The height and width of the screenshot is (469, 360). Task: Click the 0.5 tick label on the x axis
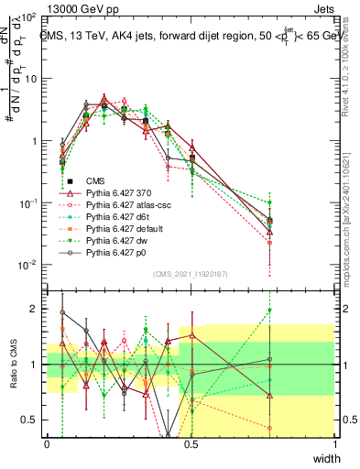[x=191, y=443]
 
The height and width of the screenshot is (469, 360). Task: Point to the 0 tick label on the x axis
[x=47, y=443]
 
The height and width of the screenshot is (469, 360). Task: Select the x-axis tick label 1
[x=334, y=443]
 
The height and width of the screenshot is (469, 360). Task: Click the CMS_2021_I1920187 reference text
[x=191, y=273]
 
